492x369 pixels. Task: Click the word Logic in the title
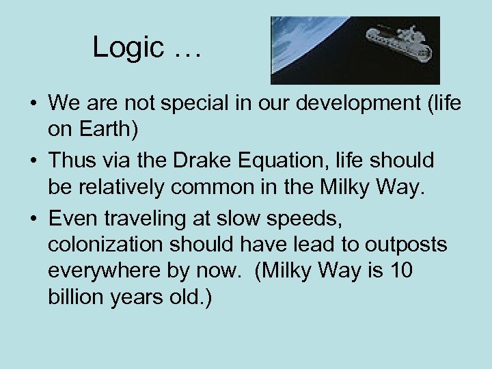click(128, 48)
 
